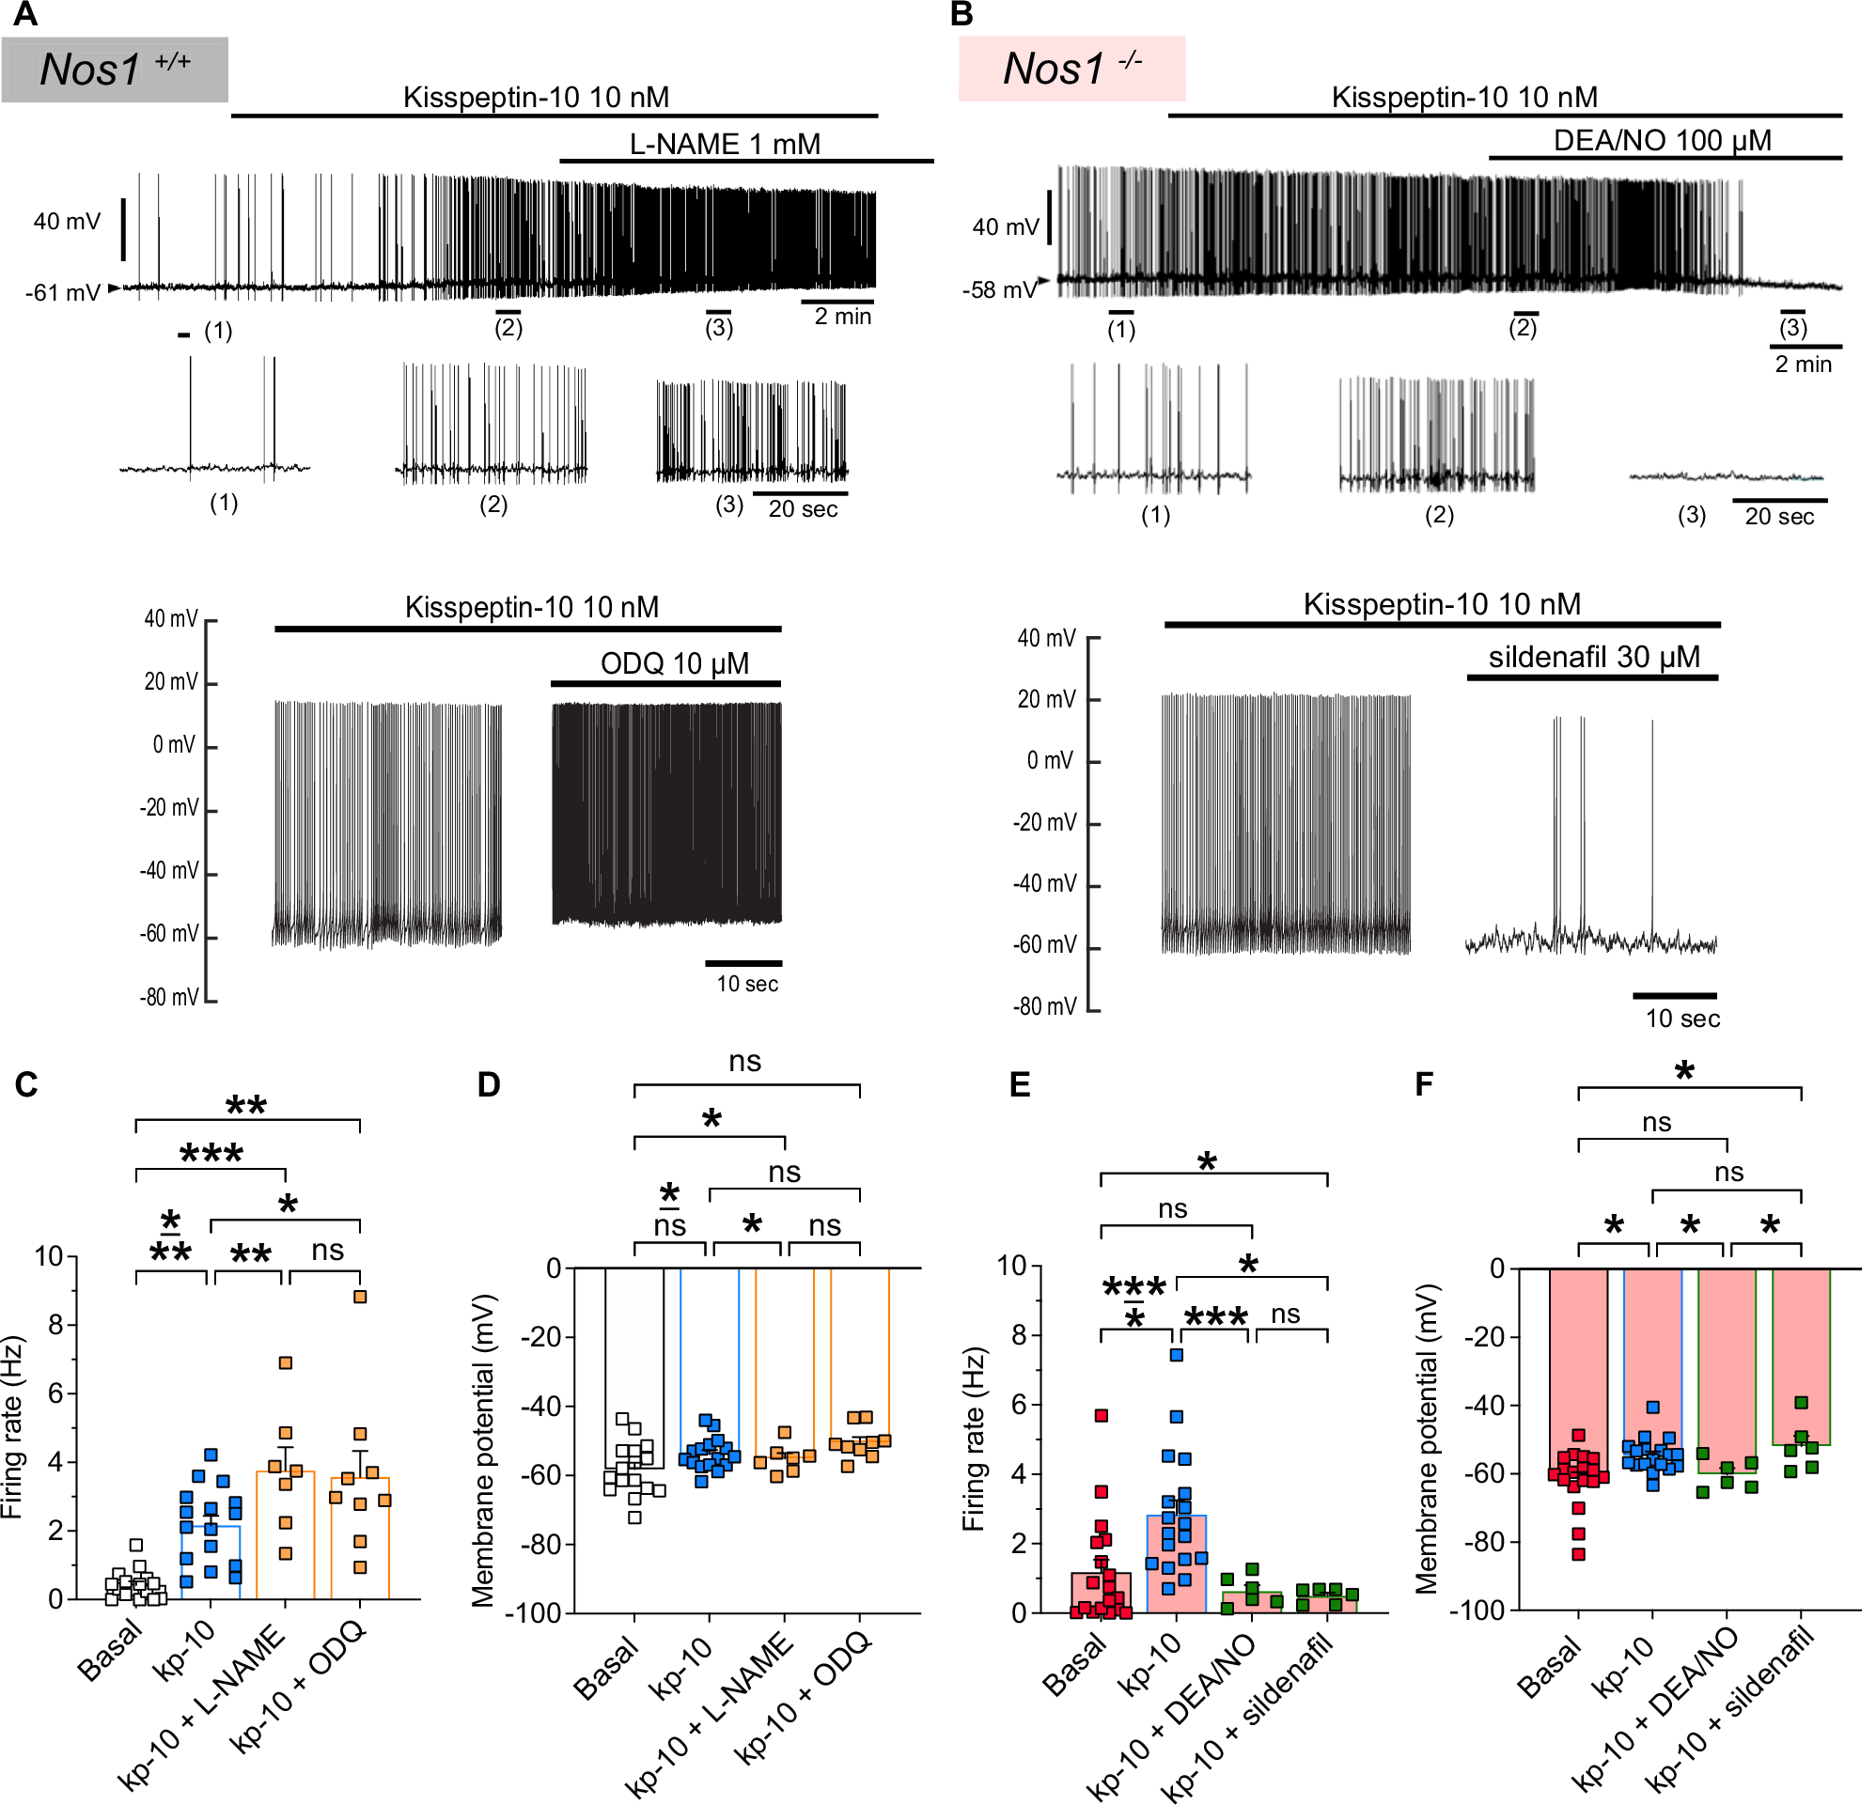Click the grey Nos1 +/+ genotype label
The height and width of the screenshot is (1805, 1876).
click(114, 69)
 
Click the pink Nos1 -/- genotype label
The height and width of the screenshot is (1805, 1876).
click(1071, 68)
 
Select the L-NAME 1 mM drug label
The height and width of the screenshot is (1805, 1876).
click(725, 144)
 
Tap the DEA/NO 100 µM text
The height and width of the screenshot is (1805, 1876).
click(1662, 141)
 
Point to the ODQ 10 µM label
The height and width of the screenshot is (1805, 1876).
click(674, 663)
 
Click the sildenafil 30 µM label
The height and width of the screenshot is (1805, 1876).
click(1594, 658)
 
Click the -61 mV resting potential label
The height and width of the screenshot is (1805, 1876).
click(62, 292)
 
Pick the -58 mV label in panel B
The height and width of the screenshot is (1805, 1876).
click(999, 289)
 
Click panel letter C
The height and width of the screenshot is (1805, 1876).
click(25, 1084)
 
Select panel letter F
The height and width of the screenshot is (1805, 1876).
click(1423, 1084)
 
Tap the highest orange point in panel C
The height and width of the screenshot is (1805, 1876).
click(360, 1297)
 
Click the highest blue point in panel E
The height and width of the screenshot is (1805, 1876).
click(1177, 1355)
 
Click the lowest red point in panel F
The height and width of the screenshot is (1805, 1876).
click(1578, 1554)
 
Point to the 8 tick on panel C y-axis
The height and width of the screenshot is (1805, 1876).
click(55, 1325)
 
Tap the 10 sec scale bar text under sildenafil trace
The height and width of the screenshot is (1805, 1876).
click(1681, 1019)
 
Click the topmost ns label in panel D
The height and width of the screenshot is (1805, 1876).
click(744, 1062)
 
